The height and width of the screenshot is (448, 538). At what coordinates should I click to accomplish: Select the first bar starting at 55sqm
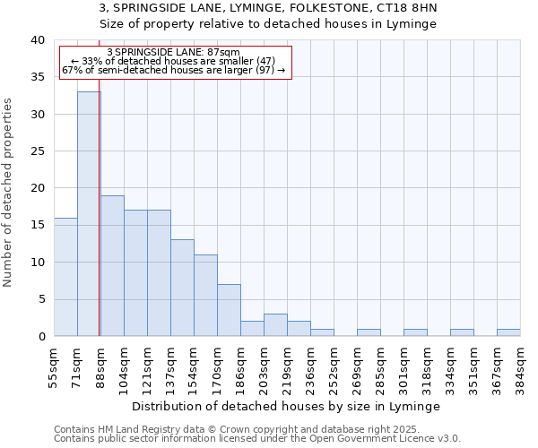pos(65,277)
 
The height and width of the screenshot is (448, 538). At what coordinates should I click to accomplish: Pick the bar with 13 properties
pos(182,288)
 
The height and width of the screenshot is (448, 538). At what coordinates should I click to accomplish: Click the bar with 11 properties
pos(205,295)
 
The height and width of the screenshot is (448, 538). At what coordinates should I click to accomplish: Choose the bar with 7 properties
pos(229,310)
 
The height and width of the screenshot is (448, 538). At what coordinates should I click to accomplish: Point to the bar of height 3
pos(275,325)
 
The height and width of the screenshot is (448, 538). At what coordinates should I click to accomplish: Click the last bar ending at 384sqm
pos(508,332)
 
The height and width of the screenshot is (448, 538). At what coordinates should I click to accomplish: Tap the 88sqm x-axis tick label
pos(101,364)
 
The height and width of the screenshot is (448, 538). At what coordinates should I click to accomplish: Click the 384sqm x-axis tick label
pos(521,364)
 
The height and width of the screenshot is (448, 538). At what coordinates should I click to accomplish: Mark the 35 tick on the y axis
pos(39,77)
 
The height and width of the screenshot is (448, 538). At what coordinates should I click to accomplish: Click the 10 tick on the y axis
pos(39,263)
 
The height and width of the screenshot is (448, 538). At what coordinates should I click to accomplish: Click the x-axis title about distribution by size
pos(292,406)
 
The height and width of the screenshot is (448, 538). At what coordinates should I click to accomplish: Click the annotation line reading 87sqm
pos(173,53)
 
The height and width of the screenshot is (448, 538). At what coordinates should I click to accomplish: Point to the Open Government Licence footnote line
pos(257,438)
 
